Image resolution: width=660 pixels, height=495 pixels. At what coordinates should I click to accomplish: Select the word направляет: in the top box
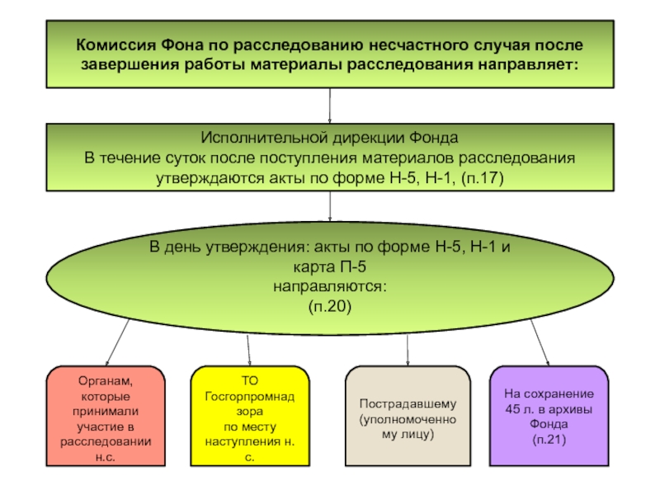coord(528,65)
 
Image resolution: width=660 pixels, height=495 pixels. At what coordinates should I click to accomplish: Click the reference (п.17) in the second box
coord(483,178)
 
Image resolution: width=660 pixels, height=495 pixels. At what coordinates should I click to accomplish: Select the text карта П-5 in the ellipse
coord(329,266)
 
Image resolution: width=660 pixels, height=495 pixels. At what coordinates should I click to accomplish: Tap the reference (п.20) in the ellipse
coord(329,306)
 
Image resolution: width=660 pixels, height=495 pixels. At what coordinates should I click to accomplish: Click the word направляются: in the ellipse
coord(329,286)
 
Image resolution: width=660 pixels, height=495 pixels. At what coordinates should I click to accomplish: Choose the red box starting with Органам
coord(106,416)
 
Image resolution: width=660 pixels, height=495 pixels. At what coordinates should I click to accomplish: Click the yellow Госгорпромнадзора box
coord(250,416)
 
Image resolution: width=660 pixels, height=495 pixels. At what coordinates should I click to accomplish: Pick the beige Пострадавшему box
coord(408,416)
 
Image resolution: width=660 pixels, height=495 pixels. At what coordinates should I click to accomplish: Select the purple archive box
coord(549,416)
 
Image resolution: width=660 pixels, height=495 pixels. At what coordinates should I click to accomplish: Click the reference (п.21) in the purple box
coord(549,440)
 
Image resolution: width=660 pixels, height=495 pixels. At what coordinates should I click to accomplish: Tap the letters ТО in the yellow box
coord(250,380)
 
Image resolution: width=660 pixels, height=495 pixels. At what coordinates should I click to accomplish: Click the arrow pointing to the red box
coord(117,342)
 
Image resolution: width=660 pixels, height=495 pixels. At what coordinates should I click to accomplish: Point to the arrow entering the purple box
coord(540,342)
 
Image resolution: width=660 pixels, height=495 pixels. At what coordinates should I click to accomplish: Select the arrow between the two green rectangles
coord(329,106)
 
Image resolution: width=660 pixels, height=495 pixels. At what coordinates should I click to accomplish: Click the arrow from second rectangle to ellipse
coord(329,206)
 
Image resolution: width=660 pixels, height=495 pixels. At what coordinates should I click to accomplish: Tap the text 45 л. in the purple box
coord(520,408)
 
